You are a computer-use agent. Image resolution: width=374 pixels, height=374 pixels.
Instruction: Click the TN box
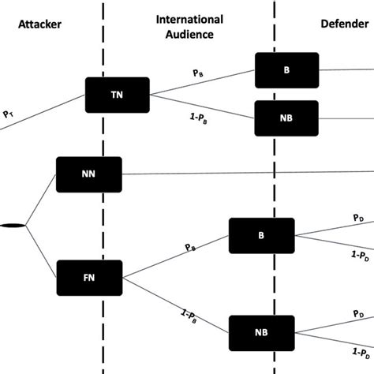pyautogui.click(x=117, y=95)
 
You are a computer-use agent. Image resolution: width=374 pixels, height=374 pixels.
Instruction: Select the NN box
pyautogui.click(x=89, y=174)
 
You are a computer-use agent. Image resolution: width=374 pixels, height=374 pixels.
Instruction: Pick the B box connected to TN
pyautogui.click(x=287, y=70)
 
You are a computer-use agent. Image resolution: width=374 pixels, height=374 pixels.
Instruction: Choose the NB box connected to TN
pyautogui.click(x=287, y=118)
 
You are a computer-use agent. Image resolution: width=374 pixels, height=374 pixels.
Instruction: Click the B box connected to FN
pyautogui.click(x=261, y=236)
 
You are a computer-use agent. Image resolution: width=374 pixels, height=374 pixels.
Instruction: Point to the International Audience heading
pyautogui.click(x=189, y=25)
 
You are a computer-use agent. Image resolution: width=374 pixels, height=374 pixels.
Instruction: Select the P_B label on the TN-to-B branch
pyautogui.click(x=198, y=73)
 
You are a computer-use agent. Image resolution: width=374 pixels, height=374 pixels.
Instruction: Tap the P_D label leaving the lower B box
pyautogui.click(x=358, y=215)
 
